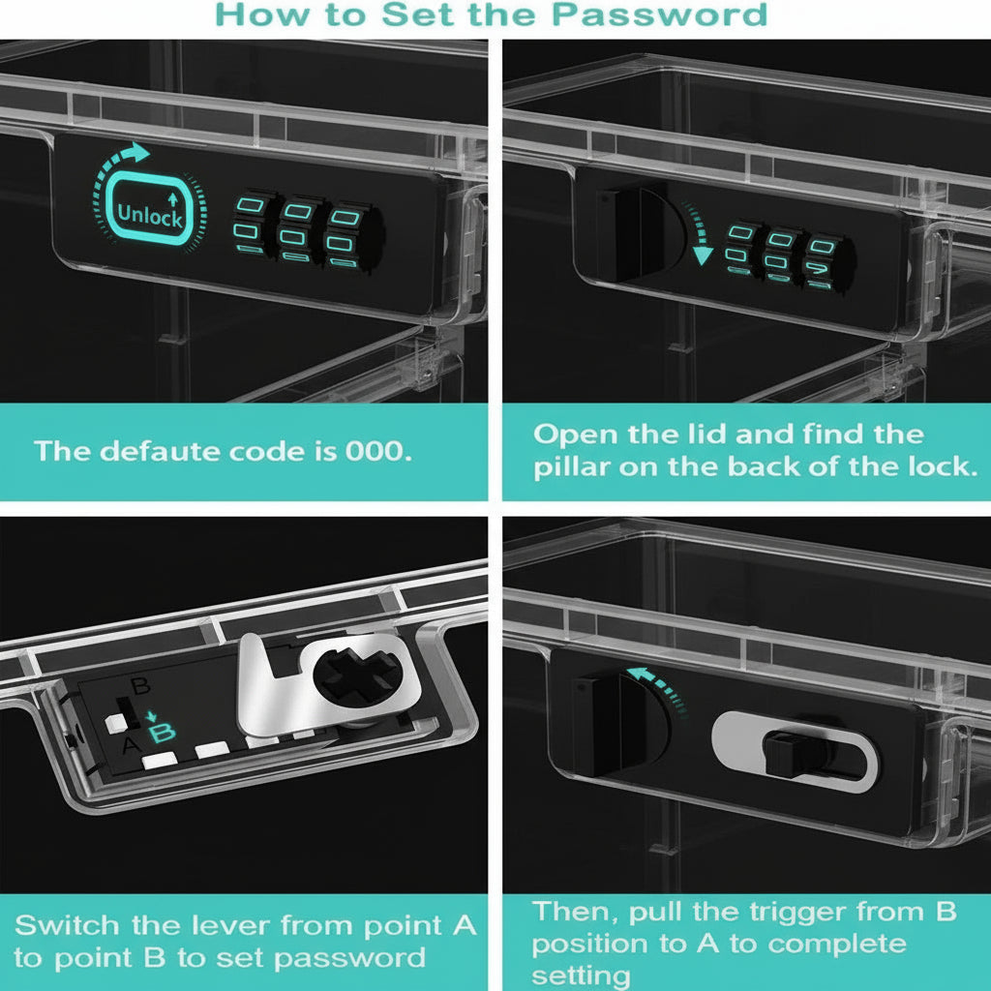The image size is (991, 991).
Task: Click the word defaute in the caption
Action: click(155, 451)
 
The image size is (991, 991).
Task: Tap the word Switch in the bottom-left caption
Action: click(67, 925)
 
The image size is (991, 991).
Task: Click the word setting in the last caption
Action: click(582, 974)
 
